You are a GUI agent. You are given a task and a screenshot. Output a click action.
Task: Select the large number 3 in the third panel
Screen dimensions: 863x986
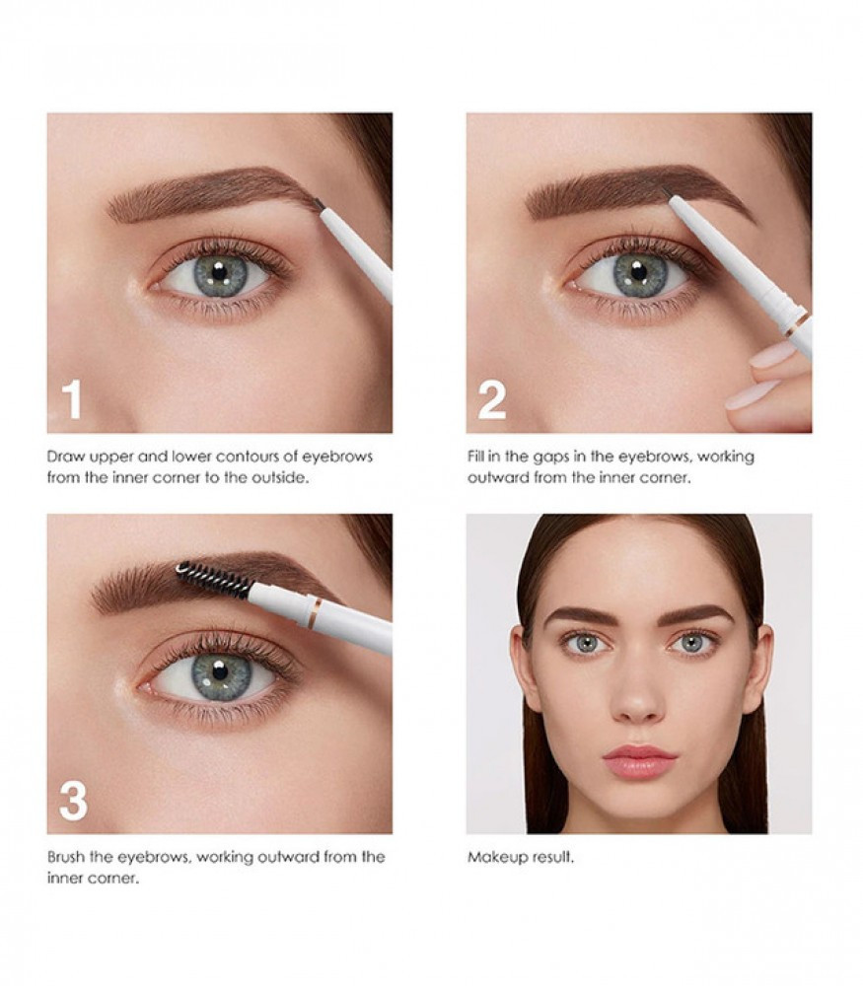(73, 801)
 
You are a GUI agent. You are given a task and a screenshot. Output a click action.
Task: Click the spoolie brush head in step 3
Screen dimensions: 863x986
(214, 579)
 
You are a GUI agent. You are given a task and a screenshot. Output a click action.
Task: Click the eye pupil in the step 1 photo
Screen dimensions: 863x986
(219, 272)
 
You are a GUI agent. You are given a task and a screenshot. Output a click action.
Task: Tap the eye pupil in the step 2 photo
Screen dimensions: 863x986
(638, 273)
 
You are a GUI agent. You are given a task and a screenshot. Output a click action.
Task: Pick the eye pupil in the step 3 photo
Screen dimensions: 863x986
(220, 671)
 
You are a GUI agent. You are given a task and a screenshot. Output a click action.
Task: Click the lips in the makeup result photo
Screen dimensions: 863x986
(639, 761)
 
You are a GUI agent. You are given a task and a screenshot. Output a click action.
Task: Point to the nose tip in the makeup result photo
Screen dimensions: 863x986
(637, 712)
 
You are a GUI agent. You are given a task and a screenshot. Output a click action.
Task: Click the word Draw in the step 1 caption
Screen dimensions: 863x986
(66, 456)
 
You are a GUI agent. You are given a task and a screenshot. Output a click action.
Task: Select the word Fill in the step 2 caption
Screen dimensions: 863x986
(475, 456)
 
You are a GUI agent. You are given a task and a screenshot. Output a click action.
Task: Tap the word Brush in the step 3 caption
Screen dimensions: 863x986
(65, 857)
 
